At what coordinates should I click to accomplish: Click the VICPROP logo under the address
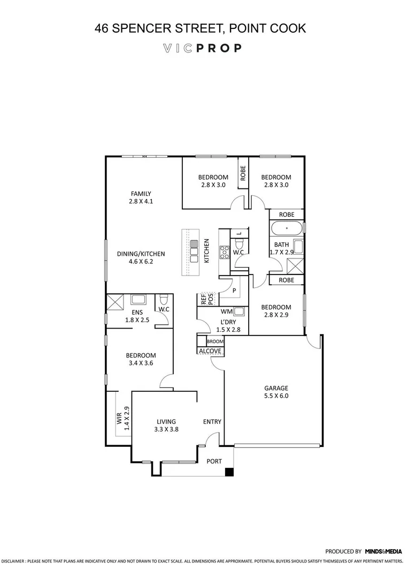[202, 48]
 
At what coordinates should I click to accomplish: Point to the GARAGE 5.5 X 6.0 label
[276, 392]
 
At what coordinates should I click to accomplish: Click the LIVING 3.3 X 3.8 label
[166, 425]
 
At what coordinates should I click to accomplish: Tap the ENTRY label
[212, 422]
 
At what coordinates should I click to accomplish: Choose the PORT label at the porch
[214, 461]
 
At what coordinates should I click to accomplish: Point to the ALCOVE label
[210, 351]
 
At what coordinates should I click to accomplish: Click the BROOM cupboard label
[214, 341]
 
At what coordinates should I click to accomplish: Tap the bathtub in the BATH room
[287, 229]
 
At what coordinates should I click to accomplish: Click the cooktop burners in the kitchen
[224, 251]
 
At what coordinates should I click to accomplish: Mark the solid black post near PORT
[229, 471]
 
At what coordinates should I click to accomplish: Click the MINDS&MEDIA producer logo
[383, 551]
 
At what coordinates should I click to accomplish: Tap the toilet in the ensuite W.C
[165, 299]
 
